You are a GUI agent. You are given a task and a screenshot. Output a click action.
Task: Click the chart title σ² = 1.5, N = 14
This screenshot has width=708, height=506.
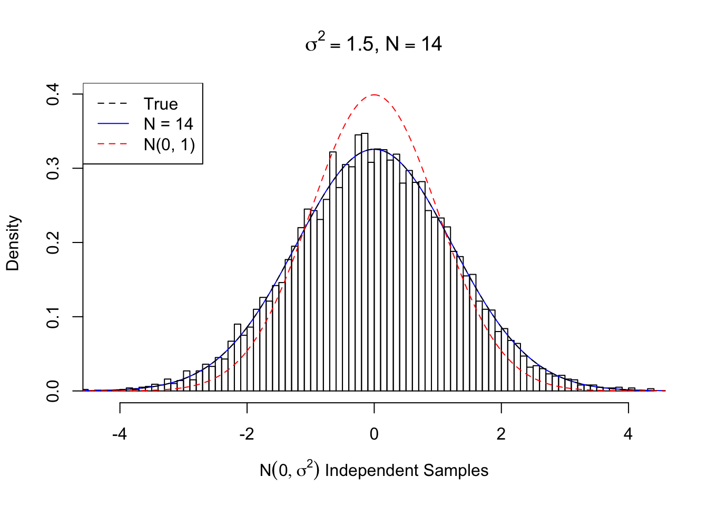[373, 43]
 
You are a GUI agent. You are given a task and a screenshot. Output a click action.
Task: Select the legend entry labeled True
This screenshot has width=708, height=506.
[161, 104]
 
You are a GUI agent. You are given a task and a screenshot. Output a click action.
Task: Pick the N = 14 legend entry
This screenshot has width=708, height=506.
[168, 124]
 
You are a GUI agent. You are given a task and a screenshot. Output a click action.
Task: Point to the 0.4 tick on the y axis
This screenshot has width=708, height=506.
[53, 94]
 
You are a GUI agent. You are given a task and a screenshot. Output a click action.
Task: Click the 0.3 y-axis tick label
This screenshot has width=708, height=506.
[53, 169]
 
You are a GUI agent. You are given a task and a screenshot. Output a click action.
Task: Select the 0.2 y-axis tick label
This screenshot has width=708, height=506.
[53, 243]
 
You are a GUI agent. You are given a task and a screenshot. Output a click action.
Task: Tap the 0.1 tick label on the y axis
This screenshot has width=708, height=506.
[53, 317]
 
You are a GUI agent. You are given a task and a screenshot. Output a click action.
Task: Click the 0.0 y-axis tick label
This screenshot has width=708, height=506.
[53, 391]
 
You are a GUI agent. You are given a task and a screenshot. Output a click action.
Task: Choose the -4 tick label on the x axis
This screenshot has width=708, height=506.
[120, 434]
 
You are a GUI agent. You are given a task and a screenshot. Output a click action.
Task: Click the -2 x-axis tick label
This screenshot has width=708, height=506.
[247, 434]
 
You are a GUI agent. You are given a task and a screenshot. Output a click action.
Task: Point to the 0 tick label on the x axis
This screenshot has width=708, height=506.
[374, 434]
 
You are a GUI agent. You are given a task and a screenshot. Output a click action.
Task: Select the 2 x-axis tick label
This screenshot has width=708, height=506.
[501, 434]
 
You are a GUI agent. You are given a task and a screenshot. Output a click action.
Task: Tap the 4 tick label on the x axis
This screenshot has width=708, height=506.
[628, 434]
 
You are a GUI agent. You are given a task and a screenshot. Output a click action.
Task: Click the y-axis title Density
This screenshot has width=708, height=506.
[13, 243]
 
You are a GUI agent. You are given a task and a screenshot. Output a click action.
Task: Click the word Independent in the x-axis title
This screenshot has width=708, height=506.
[372, 470]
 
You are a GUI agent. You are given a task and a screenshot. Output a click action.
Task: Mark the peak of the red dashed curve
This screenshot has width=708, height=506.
[374, 95]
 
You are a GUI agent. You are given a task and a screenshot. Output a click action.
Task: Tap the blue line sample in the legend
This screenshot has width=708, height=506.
[113, 124]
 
